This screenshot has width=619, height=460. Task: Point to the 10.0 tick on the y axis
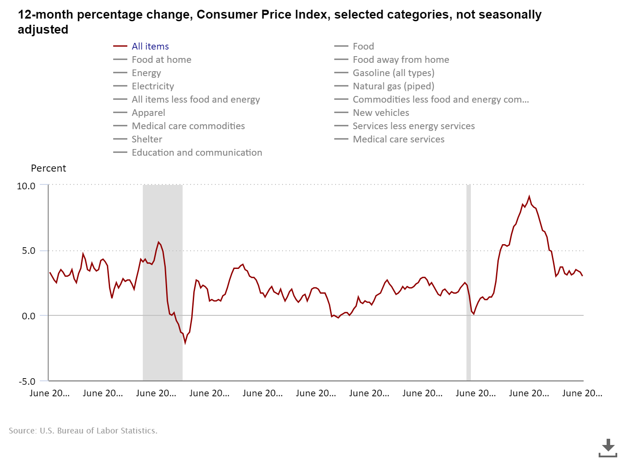click(26, 186)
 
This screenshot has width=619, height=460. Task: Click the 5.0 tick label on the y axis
click(29, 251)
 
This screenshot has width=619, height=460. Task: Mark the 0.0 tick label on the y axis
click(29, 316)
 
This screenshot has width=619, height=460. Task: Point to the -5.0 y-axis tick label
click(27, 381)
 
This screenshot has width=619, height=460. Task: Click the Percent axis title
click(48, 169)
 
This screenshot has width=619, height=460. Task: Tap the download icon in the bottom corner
click(608, 448)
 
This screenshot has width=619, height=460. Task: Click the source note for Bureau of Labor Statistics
click(83, 430)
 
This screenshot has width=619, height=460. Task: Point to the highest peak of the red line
click(529, 197)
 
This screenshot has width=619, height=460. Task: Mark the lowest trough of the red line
click(185, 342)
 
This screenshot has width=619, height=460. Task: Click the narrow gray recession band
click(469, 283)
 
